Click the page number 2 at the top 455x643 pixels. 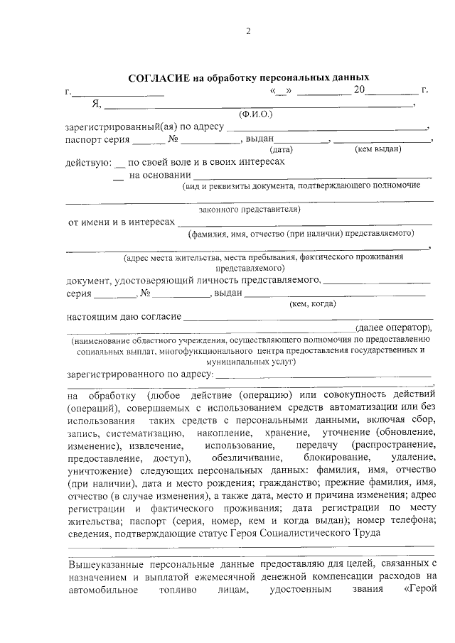click(x=248, y=31)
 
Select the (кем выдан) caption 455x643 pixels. click(x=378, y=149)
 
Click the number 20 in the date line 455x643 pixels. click(x=360, y=91)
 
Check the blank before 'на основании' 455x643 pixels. click(x=119, y=176)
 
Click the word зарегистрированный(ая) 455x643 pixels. click(x=120, y=127)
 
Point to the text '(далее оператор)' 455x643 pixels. click(x=394, y=328)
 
